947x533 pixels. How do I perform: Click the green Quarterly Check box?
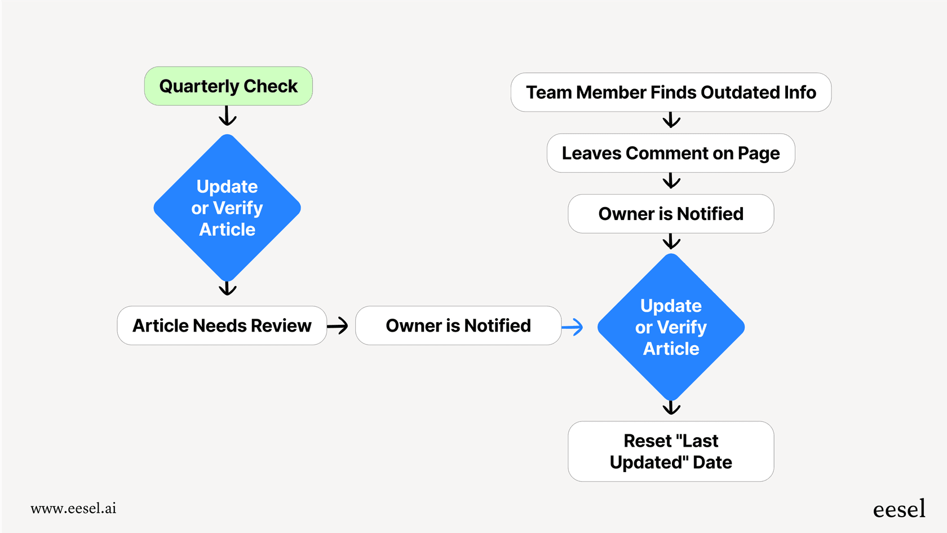pyautogui.click(x=228, y=86)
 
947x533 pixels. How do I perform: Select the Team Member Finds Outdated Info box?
pyautogui.click(x=671, y=92)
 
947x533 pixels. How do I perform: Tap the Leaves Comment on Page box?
pyautogui.click(x=671, y=153)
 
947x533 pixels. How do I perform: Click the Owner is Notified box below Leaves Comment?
pyautogui.click(x=671, y=214)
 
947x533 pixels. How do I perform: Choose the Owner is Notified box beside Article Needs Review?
pyautogui.click(x=458, y=325)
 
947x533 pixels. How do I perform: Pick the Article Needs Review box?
pyautogui.click(x=222, y=325)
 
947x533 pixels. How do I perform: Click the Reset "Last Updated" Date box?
pyautogui.click(x=671, y=451)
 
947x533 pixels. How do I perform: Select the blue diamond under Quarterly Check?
pyautogui.click(x=227, y=208)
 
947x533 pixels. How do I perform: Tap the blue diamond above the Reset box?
pyautogui.click(x=671, y=327)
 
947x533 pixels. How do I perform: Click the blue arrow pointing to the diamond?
pyautogui.click(x=573, y=327)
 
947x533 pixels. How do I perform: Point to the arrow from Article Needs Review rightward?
pyautogui.click(x=338, y=325)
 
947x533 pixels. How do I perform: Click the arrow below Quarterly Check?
pyautogui.click(x=227, y=116)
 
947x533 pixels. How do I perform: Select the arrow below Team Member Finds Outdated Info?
pyautogui.click(x=671, y=120)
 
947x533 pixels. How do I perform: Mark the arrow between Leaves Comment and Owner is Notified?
pyautogui.click(x=671, y=181)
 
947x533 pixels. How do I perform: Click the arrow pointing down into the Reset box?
pyautogui.click(x=671, y=408)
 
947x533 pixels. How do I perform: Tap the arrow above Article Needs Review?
pyautogui.click(x=227, y=289)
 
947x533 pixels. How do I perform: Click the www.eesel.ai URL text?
pyautogui.click(x=73, y=508)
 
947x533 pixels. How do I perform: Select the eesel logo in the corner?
pyautogui.click(x=899, y=509)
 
